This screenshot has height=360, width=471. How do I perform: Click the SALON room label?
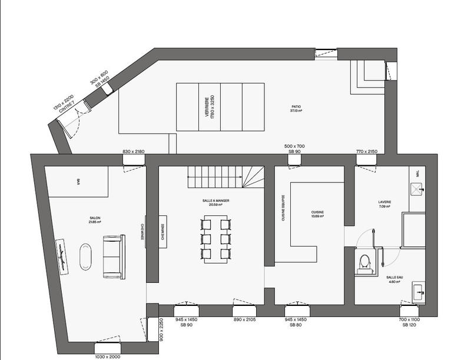[95, 219]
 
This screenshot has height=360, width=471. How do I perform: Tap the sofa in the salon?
[114, 256]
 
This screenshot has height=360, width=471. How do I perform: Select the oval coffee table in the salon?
[86, 256]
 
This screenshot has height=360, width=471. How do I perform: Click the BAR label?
[78, 182]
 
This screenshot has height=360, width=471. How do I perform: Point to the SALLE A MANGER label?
[215, 201]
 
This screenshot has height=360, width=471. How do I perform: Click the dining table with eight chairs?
[215, 239]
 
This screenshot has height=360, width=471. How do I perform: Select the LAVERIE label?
[385, 204]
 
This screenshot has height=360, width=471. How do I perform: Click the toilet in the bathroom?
[364, 261]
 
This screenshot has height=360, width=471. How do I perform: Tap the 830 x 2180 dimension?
[134, 152]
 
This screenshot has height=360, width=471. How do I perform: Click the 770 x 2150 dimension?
[366, 152]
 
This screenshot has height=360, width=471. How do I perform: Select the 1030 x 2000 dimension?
[107, 356]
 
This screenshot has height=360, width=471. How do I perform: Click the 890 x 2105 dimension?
[245, 319]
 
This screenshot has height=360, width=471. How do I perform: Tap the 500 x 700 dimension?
[295, 146]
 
